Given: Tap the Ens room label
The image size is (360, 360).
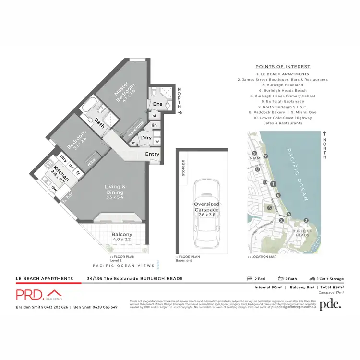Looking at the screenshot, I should (157, 104).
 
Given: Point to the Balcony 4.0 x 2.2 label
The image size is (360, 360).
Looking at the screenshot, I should (121, 236).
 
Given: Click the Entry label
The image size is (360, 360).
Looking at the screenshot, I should (153, 154).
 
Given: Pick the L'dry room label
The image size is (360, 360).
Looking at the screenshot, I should (145, 138).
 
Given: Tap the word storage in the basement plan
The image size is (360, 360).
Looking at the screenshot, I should (183, 168).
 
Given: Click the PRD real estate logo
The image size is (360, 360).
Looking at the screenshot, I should (38, 294).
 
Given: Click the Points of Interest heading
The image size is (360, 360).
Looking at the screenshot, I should (283, 67).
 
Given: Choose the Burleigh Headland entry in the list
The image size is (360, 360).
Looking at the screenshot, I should (283, 85).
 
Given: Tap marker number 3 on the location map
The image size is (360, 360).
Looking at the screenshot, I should (306, 220).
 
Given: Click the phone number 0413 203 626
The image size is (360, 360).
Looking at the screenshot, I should (54, 307).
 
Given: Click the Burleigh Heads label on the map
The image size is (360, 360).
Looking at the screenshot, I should (302, 233).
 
